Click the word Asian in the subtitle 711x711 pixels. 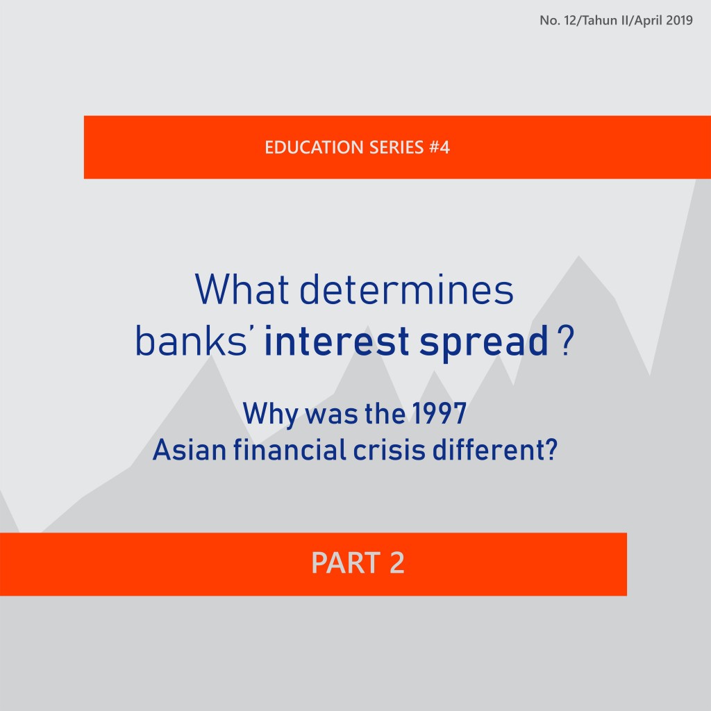pos(180,451)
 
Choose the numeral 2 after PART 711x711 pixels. pos(396,563)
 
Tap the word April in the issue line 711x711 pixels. pos(644,21)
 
